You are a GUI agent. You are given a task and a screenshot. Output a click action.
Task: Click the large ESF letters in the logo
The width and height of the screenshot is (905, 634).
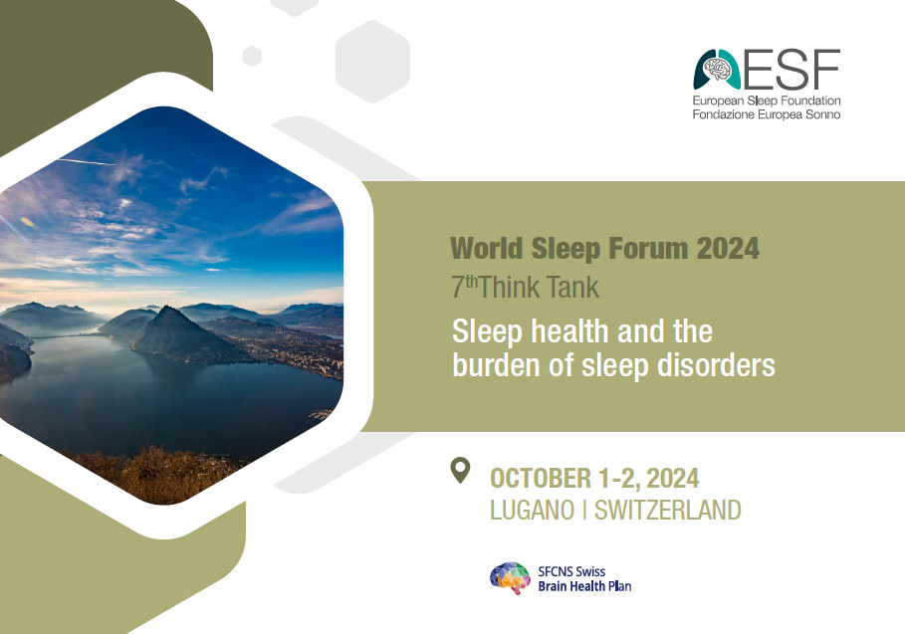click(x=792, y=70)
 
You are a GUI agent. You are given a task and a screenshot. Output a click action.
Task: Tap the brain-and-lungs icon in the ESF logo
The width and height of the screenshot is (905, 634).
click(x=717, y=70)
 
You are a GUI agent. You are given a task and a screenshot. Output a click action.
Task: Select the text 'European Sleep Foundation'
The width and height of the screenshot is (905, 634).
click(x=767, y=101)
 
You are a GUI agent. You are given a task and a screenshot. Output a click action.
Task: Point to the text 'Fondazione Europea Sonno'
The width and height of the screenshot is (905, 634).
click(x=767, y=114)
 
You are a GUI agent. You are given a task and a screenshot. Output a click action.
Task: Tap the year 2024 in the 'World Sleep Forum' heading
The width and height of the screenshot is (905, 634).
click(x=728, y=248)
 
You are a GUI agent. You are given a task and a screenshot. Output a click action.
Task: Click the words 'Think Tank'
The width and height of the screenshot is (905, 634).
click(x=539, y=288)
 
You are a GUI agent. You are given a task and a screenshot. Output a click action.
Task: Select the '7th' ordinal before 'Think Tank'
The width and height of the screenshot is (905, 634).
click(x=464, y=287)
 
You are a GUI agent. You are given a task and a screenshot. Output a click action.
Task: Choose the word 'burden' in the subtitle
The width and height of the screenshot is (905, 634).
click(x=497, y=364)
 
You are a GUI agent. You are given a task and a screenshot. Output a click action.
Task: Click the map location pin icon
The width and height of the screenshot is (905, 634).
click(x=460, y=470)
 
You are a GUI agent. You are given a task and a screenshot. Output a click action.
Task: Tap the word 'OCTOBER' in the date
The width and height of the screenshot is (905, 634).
click(x=541, y=479)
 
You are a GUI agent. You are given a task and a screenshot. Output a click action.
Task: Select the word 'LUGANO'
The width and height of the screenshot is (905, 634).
click(x=533, y=510)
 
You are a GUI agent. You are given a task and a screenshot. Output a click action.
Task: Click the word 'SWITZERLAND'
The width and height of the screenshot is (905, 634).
click(x=668, y=510)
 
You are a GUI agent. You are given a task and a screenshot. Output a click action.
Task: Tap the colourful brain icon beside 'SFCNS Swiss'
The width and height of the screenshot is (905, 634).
click(x=510, y=578)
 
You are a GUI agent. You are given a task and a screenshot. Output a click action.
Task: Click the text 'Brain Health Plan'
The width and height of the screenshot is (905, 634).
click(x=584, y=586)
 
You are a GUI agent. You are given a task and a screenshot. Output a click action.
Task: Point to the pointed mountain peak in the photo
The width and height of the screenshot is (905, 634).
click(x=166, y=309)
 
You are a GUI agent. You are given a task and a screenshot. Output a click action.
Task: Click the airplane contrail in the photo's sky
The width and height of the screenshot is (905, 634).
click(x=88, y=160)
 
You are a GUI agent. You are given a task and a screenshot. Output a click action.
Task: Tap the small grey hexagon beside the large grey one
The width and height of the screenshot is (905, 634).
click(x=252, y=56)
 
